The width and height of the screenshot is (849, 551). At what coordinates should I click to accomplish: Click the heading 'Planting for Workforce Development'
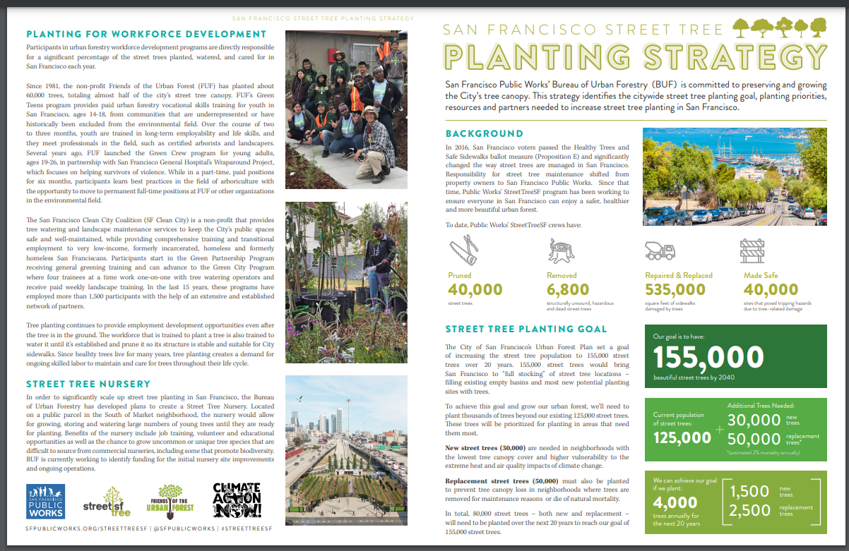point(146,34)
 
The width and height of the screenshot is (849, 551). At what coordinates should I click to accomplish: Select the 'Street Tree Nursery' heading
point(88,384)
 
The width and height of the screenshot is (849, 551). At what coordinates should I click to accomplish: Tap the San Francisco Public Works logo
point(45,501)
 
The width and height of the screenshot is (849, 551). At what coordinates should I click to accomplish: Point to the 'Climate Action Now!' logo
point(237,500)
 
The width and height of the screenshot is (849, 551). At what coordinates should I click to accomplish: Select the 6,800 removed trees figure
point(568,290)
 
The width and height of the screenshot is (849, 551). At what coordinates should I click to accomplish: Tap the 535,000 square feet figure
point(675,290)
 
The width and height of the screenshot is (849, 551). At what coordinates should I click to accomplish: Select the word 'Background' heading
point(484,133)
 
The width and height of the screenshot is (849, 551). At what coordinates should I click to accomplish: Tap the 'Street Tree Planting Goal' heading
point(526,329)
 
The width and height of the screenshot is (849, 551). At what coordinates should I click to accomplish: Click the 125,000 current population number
point(682,437)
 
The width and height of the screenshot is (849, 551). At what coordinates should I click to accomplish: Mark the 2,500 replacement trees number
point(751,510)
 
